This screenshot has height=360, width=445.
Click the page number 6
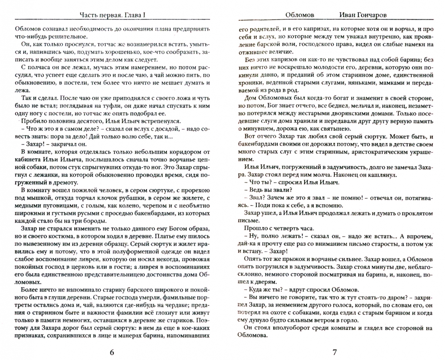coord(112,352)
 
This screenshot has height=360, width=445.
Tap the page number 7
coord(335,352)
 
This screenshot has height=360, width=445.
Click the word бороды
coord(96,221)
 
